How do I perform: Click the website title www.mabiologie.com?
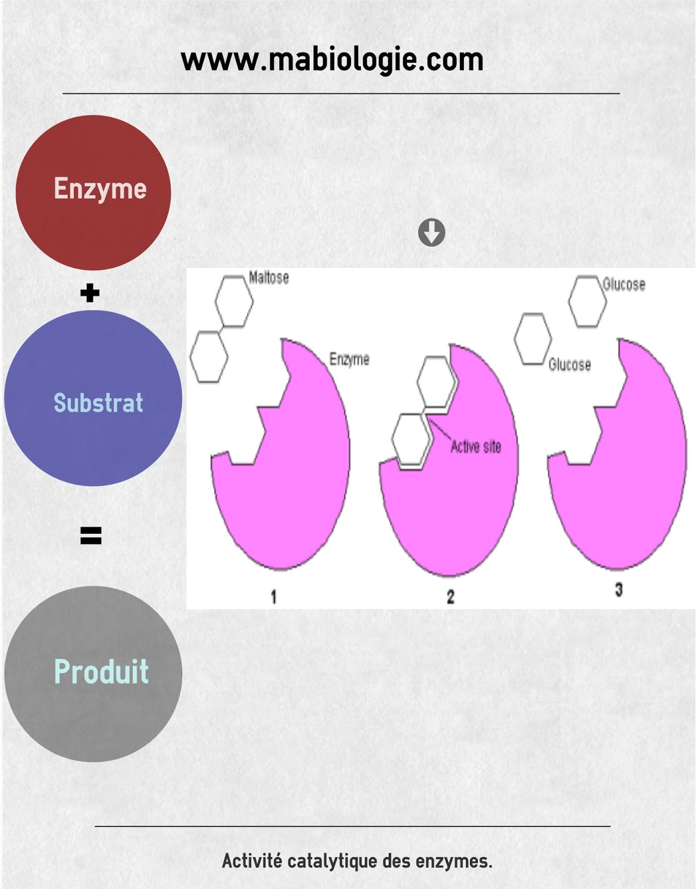332,60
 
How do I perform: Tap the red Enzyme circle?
93,192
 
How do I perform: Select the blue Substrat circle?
93,398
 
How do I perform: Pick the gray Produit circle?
93,673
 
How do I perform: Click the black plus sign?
90,293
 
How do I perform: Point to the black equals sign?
91,536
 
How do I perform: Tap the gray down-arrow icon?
432,232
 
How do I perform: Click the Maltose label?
269,277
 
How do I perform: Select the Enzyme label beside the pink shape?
349,359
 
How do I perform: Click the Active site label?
476,447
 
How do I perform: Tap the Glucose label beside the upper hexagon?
624,284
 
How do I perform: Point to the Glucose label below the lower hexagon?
570,364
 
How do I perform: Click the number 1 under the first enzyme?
274,597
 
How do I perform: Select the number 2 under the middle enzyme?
451,597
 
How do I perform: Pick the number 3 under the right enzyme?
618,590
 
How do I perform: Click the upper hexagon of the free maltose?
234,301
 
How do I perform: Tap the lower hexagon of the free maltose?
209,357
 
